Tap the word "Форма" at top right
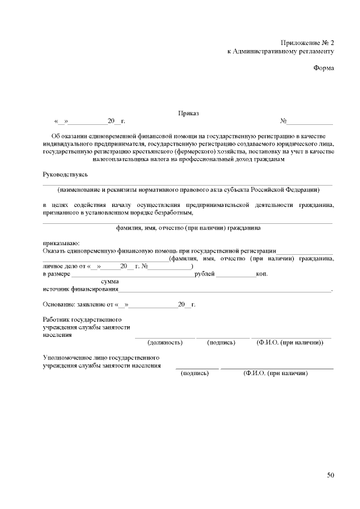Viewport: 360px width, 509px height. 323,68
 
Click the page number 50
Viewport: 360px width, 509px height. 331,475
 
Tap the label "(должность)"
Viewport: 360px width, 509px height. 164,342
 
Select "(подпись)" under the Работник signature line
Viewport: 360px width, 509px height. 221,342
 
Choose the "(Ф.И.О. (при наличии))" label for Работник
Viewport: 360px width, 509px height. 289,342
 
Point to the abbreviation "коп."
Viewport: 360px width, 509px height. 262,274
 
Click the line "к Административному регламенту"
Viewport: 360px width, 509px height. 281,51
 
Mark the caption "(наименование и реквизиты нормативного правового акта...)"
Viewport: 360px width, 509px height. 188,189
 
